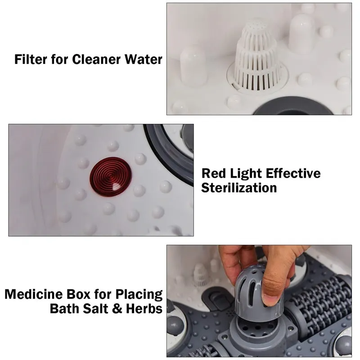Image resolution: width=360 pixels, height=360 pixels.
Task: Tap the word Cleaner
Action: click(x=97, y=59)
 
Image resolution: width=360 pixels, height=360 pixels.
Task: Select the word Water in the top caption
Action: click(x=144, y=59)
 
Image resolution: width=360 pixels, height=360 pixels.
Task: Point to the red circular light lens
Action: click(x=111, y=176)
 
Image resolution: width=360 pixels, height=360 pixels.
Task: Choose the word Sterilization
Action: click(x=239, y=188)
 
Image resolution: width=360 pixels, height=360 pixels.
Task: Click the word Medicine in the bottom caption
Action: click(x=34, y=294)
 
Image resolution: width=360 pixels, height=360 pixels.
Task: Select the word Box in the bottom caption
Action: click(x=78, y=294)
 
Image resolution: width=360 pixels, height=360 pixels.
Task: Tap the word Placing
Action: click(x=139, y=294)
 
